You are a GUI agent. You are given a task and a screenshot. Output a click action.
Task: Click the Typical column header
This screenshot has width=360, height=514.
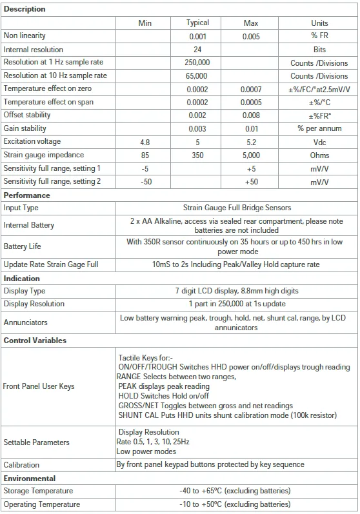click(x=197, y=23)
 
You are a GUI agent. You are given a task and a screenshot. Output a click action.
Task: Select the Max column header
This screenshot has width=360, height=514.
click(x=251, y=23)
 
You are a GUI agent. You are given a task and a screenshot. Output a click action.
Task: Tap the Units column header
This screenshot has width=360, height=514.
click(x=319, y=23)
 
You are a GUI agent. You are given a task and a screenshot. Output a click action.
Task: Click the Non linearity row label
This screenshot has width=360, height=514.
click(x=25, y=36)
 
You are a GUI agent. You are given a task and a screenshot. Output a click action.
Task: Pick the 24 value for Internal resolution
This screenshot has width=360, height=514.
click(x=197, y=50)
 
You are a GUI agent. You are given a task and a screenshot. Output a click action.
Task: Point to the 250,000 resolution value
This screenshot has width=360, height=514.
click(x=197, y=63)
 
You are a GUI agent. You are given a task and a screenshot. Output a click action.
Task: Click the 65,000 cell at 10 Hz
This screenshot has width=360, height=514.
click(x=197, y=75)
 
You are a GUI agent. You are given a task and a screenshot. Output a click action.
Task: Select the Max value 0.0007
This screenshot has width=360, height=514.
click(x=251, y=89)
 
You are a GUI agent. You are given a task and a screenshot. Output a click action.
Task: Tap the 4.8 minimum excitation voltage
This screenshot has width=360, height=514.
click(x=145, y=142)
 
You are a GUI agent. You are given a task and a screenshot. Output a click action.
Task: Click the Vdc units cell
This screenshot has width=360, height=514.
click(x=319, y=142)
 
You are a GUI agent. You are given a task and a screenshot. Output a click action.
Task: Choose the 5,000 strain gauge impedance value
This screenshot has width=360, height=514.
click(x=251, y=155)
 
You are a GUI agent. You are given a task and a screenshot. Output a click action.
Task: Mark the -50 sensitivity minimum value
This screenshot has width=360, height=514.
click(x=145, y=182)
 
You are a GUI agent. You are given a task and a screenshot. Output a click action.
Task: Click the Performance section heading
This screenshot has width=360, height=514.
click(x=26, y=195)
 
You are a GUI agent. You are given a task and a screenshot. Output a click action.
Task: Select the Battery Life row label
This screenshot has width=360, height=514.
click(x=24, y=246)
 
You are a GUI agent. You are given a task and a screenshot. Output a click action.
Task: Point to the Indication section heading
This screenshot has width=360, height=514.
click(x=22, y=279)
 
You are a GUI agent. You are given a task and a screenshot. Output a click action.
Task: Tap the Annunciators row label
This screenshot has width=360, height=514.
click(x=25, y=322)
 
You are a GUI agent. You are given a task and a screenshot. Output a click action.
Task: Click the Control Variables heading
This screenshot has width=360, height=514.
click(x=35, y=341)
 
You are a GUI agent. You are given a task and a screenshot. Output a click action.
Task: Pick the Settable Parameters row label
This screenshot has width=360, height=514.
click(x=36, y=442)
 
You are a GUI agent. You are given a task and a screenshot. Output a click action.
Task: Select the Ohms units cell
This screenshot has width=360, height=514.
click(x=319, y=155)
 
